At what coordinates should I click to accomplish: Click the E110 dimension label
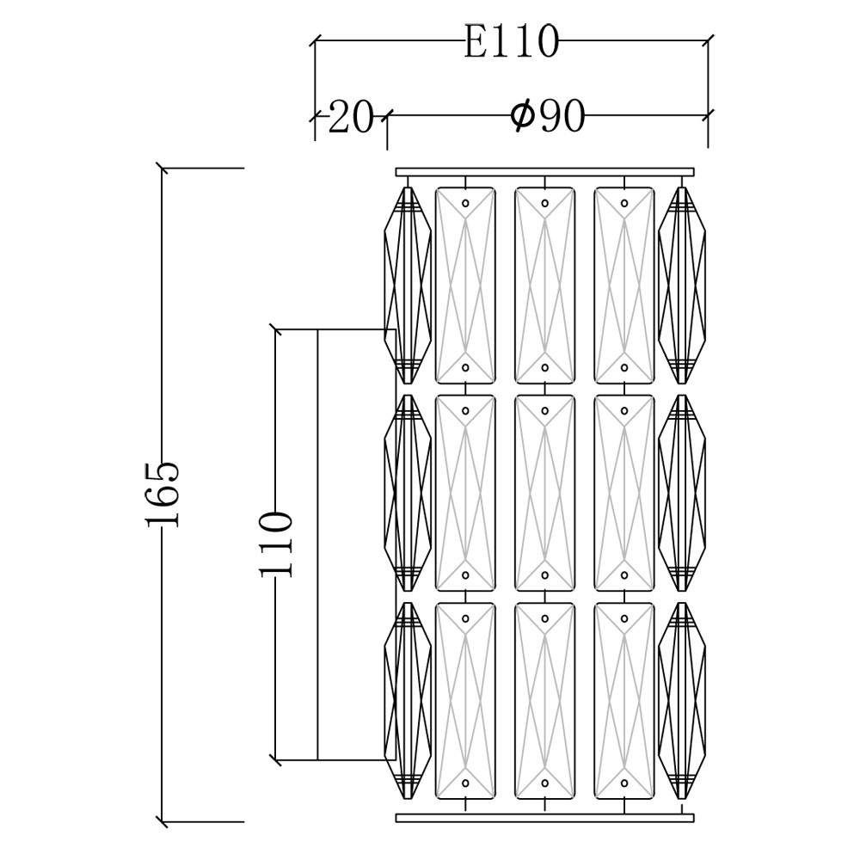pyautogui.click(x=511, y=41)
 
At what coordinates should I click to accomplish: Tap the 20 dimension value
pyautogui.click(x=350, y=117)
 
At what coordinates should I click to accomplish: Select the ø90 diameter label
pyautogui.click(x=548, y=115)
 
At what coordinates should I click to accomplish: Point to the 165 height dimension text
pyautogui.click(x=163, y=494)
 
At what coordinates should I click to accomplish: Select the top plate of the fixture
pyautogui.click(x=544, y=173)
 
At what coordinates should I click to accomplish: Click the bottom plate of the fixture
pyautogui.click(x=544, y=817)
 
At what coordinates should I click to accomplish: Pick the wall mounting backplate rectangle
pyautogui.click(x=351, y=544)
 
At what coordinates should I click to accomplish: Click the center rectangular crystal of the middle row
pyautogui.click(x=544, y=493)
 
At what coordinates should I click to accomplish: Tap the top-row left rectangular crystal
pyautogui.click(x=465, y=285)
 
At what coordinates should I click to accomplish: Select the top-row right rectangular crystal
pyautogui.click(x=623, y=285)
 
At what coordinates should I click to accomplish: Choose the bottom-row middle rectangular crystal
pyautogui.click(x=544, y=700)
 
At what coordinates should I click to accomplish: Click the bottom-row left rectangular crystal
pyautogui.click(x=465, y=700)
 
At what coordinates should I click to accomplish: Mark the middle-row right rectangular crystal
pyautogui.click(x=623, y=493)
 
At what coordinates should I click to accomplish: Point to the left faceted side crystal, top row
pyautogui.click(x=408, y=285)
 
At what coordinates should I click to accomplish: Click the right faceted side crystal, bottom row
pyautogui.click(x=681, y=700)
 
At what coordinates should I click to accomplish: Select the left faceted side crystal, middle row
pyautogui.click(x=408, y=493)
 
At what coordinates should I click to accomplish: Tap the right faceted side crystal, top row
pyautogui.click(x=681, y=285)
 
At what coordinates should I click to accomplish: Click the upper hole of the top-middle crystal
pyautogui.click(x=544, y=204)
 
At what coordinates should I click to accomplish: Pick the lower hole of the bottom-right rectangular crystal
pyautogui.click(x=623, y=783)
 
